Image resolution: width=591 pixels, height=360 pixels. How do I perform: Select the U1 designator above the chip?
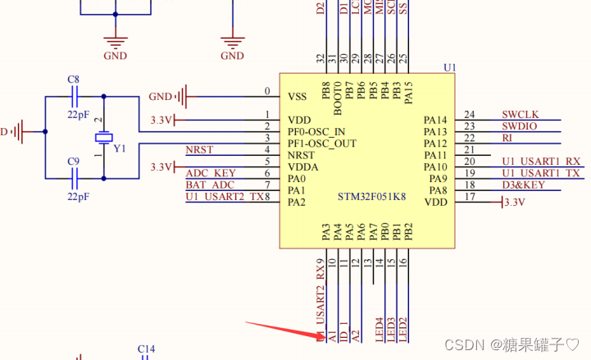pyautogui.click(x=448, y=66)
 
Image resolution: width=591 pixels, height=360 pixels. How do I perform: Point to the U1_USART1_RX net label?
pyautogui.click(x=540, y=162)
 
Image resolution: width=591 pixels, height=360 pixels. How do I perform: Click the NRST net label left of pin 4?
pyautogui.click(x=199, y=150)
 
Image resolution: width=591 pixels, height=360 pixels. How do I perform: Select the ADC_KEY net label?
pyautogui.click(x=211, y=173)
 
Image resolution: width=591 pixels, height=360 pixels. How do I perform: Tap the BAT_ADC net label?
pyautogui.click(x=211, y=185)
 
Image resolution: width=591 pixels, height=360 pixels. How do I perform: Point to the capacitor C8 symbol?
pyautogui.click(x=74, y=96)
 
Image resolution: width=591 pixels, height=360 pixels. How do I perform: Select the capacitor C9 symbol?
pyautogui.click(x=74, y=176)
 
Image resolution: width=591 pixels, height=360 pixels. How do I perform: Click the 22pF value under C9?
pyautogui.click(x=78, y=198)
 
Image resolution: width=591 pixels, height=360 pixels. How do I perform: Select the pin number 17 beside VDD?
pyautogui.click(x=470, y=197)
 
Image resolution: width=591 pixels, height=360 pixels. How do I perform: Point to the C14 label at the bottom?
pyautogui.click(x=145, y=350)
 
